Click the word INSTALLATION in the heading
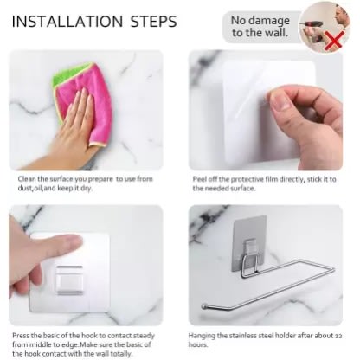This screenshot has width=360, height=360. (67, 22)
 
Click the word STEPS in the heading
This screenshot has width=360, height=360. (154, 22)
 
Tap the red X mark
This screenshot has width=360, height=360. (335, 41)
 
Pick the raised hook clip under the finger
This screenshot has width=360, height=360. (69, 280)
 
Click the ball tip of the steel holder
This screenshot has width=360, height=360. (204, 306)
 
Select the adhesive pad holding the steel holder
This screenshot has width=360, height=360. (249, 243)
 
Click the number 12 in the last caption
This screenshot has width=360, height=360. (337, 336)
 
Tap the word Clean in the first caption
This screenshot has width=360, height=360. (27, 179)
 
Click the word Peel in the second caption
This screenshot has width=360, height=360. (200, 179)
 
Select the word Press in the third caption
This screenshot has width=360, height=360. (21, 336)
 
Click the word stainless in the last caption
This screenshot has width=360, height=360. (242, 336)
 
